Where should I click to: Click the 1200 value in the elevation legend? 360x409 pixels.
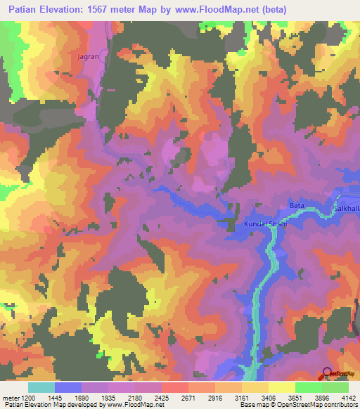(x=29, y=398)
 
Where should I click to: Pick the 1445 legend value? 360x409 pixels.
(x=55, y=398)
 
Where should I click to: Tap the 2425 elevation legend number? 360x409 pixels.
(x=160, y=398)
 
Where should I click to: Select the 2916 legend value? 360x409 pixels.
(x=214, y=398)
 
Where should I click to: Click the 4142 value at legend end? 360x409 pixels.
(x=348, y=398)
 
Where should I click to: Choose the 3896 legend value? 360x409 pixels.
(x=321, y=398)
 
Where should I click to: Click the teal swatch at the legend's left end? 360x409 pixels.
(x=41, y=387)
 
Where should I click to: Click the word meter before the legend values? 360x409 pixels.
(x=11, y=398)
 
